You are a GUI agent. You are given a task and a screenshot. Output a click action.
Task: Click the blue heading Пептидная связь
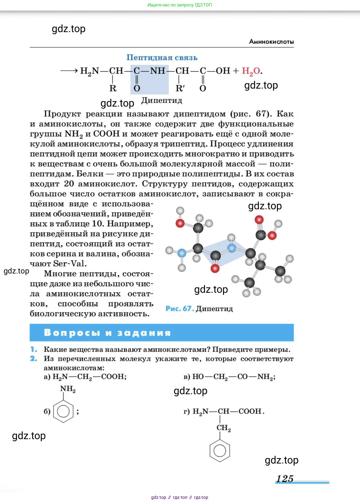[x=162, y=58]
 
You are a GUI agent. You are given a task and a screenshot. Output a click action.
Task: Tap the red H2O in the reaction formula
[x=251, y=71]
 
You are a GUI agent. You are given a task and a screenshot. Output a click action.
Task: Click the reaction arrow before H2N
[x=69, y=71]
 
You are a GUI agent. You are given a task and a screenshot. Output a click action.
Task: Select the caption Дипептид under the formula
[x=162, y=100]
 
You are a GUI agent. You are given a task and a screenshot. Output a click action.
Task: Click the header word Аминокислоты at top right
[x=271, y=42]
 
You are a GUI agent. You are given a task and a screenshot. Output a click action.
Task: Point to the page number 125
[x=285, y=479]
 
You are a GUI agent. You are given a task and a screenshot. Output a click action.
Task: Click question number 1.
[x=34, y=349]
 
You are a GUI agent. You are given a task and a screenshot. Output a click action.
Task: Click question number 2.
[x=34, y=359]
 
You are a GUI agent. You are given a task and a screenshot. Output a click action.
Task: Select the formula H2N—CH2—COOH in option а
[x=89, y=377]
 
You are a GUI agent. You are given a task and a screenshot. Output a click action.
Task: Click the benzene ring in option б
[x=63, y=411]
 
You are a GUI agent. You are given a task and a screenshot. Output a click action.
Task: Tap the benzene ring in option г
[x=220, y=450]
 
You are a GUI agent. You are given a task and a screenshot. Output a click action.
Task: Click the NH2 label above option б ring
[x=68, y=389]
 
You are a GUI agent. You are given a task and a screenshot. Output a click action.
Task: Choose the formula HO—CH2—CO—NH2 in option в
[x=234, y=377]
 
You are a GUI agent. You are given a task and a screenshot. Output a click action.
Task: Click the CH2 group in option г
[x=224, y=428]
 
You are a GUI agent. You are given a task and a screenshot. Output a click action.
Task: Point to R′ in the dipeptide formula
[x=180, y=88]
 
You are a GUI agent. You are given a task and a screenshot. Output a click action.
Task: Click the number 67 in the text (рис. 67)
[x=261, y=114]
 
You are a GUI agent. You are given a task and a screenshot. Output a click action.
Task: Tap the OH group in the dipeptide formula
[x=223, y=71]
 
